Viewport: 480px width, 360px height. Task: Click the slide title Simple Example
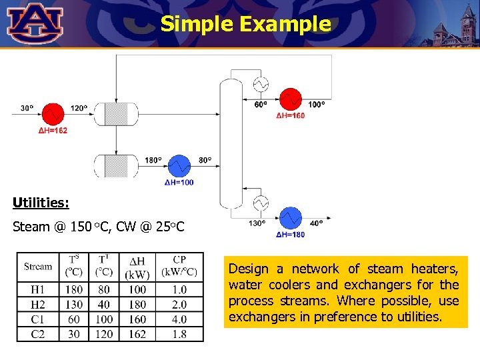click(x=245, y=24)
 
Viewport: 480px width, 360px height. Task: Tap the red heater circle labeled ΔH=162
click(x=53, y=114)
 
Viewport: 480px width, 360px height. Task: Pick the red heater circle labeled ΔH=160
click(x=290, y=99)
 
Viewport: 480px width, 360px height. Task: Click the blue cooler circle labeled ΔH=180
click(x=290, y=218)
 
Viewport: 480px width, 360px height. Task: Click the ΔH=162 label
click(x=53, y=131)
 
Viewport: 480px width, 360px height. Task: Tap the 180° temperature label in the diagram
click(x=153, y=160)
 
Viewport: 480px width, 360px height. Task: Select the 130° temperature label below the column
click(x=257, y=223)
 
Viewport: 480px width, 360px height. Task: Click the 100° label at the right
click(x=316, y=104)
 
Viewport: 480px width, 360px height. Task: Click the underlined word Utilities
click(x=41, y=201)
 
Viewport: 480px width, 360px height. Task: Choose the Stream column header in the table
click(x=38, y=267)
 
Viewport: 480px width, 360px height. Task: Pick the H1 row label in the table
click(x=38, y=290)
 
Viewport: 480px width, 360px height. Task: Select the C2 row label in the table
click(x=38, y=334)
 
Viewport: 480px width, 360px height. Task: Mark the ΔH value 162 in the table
click(x=137, y=334)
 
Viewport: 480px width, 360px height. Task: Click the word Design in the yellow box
click(x=249, y=269)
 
